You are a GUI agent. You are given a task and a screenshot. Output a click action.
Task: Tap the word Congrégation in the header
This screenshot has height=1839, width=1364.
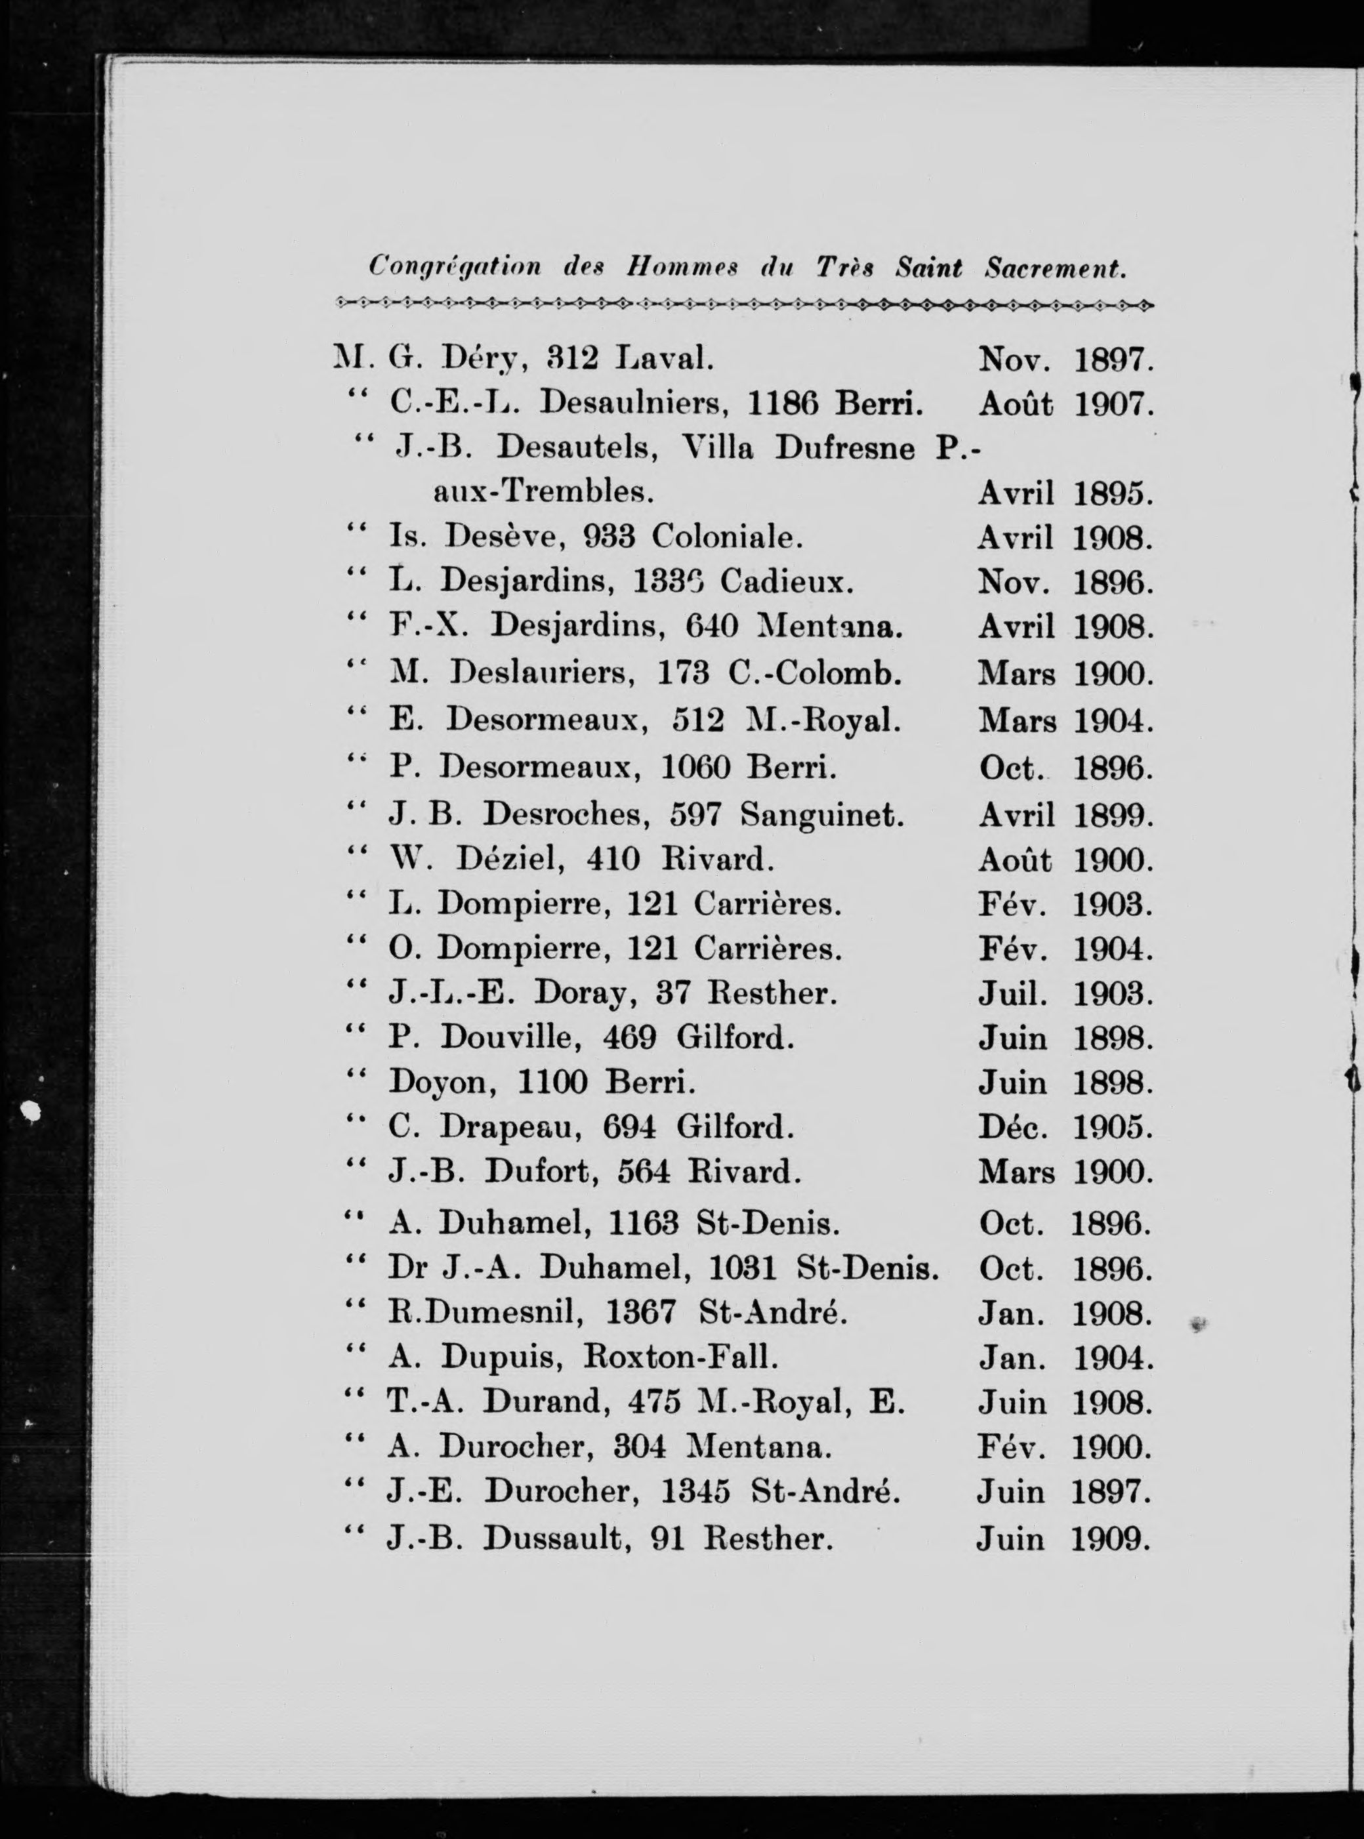[455, 267]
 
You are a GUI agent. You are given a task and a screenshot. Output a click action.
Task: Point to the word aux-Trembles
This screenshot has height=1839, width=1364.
[543, 493]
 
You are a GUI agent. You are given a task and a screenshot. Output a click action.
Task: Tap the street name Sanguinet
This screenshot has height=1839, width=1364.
[821, 816]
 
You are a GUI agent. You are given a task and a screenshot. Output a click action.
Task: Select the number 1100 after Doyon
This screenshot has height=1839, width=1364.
[552, 1083]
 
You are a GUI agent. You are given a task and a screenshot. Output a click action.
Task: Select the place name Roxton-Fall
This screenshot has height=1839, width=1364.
[681, 1356]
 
